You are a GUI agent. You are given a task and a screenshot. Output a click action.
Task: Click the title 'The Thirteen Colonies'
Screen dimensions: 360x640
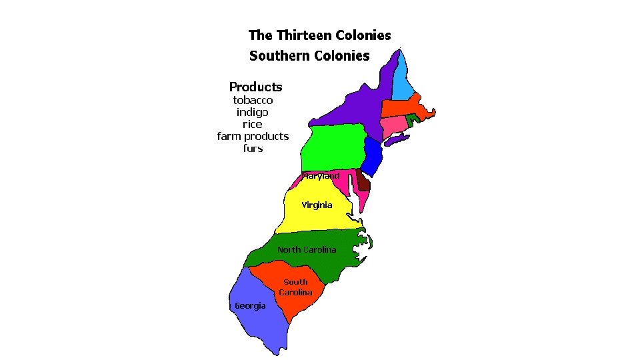[x=319, y=35]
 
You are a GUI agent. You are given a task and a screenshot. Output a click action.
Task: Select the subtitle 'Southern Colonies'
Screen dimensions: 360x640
[x=309, y=55]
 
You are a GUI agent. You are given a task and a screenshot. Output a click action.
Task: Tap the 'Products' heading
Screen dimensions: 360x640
[x=255, y=87]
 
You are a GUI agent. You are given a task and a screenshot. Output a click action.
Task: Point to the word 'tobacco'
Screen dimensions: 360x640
[x=253, y=100]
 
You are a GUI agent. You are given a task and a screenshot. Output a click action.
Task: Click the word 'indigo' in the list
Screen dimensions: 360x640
[x=253, y=112]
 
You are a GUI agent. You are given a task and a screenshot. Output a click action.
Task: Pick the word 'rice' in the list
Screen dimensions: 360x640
[x=253, y=124]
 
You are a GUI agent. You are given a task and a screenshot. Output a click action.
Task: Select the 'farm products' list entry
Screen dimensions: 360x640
[x=253, y=136]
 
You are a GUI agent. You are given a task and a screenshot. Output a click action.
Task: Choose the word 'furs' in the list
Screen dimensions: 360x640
[x=253, y=148]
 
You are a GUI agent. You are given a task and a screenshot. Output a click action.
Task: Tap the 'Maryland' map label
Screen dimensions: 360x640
[x=321, y=176]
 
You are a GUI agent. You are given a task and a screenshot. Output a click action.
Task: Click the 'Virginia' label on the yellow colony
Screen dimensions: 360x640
[x=317, y=205]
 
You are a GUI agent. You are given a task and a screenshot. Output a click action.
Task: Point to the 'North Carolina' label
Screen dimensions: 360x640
[x=307, y=249]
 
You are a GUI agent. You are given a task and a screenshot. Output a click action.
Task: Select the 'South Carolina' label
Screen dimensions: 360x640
[x=295, y=287]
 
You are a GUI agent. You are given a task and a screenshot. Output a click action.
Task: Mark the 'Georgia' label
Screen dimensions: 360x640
[x=250, y=305]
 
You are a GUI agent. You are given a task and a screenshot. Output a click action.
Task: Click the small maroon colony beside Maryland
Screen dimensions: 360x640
[x=363, y=180]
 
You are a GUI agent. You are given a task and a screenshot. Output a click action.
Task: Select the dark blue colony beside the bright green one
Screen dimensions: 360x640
[x=374, y=153]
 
